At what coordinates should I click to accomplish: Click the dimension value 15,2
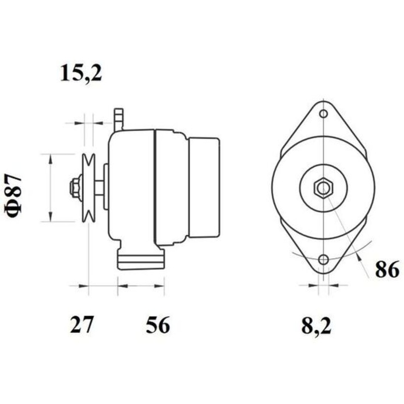click(x=81, y=73)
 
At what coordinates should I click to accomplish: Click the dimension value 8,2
click(x=316, y=326)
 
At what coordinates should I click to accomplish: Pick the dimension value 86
click(x=387, y=271)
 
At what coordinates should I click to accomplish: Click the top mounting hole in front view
click(x=323, y=113)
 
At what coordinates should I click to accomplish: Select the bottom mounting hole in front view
click(x=323, y=260)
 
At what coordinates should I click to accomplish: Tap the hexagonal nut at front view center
click(x=323, y=188)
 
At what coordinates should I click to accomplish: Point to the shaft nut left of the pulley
click(x=75, y=187)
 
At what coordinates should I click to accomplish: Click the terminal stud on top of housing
click(x=119, y=118)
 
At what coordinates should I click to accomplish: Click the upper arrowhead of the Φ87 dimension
click(x=50, y=158)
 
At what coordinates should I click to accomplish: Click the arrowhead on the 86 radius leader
click(x=359, y=258)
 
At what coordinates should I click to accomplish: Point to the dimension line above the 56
click(x=141, y=286)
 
